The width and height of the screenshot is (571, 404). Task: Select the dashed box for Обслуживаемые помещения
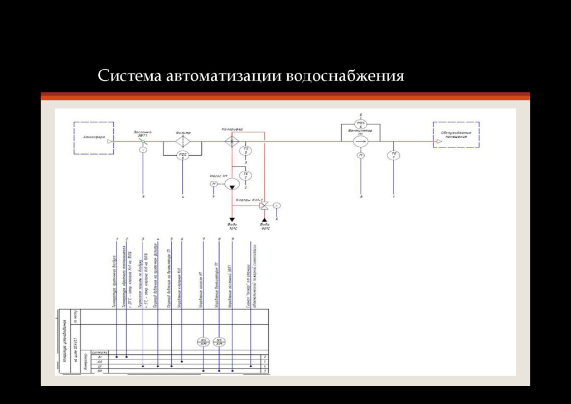(x=455, y=134)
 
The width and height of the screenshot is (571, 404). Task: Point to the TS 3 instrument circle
(x=246, y=151)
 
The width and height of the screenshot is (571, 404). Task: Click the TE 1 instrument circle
(x=394, y=155)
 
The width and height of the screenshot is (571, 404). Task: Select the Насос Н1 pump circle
(x=231, y=184)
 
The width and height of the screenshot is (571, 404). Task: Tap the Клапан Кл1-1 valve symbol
(x=265, y=205)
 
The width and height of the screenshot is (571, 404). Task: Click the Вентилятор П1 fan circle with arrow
(x=361, y=142)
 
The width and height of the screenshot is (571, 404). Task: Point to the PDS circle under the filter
(x=182, y=156)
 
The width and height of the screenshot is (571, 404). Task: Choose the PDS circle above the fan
(x=361, y=124)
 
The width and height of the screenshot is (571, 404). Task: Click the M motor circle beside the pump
(x=213, y=184)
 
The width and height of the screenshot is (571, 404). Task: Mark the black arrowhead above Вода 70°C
(x=231, y=220)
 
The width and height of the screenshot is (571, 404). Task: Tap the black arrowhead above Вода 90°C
(x=265, y=220)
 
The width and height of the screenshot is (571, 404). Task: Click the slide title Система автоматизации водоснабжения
(x=250, y=75)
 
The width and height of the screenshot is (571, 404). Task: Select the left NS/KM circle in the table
(x=203, y=342)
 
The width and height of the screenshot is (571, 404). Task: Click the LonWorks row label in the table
(x=99, y=352)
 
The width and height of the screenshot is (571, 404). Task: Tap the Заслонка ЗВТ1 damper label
(x=142, y=134)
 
